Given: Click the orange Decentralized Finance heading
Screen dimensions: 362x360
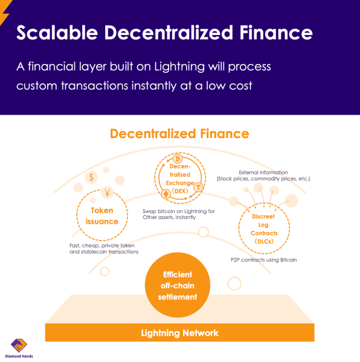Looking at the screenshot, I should pyautogui.click(x=179, y=133).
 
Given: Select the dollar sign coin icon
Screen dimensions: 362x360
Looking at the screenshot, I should pyautogui.click(x=91, y=177).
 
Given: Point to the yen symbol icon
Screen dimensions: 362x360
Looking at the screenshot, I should pyautogui.click(x=107, y=193).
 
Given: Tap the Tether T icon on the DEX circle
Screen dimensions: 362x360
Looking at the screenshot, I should pyautogui.click(x=198, y=189).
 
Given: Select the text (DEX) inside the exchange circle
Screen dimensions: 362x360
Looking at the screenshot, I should pyautogui.click(x=180, y=191).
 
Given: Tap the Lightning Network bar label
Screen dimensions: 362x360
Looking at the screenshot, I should pyautogui.click(x=179, y=333).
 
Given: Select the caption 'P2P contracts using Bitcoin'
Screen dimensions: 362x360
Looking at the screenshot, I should pyautogui.click(x=263, y=259).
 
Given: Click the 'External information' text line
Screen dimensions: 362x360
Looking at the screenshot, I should pyautogui.click(x=263, y=173).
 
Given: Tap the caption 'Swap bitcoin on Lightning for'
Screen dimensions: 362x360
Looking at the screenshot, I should pyautogui.click(x=179, y=211).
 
